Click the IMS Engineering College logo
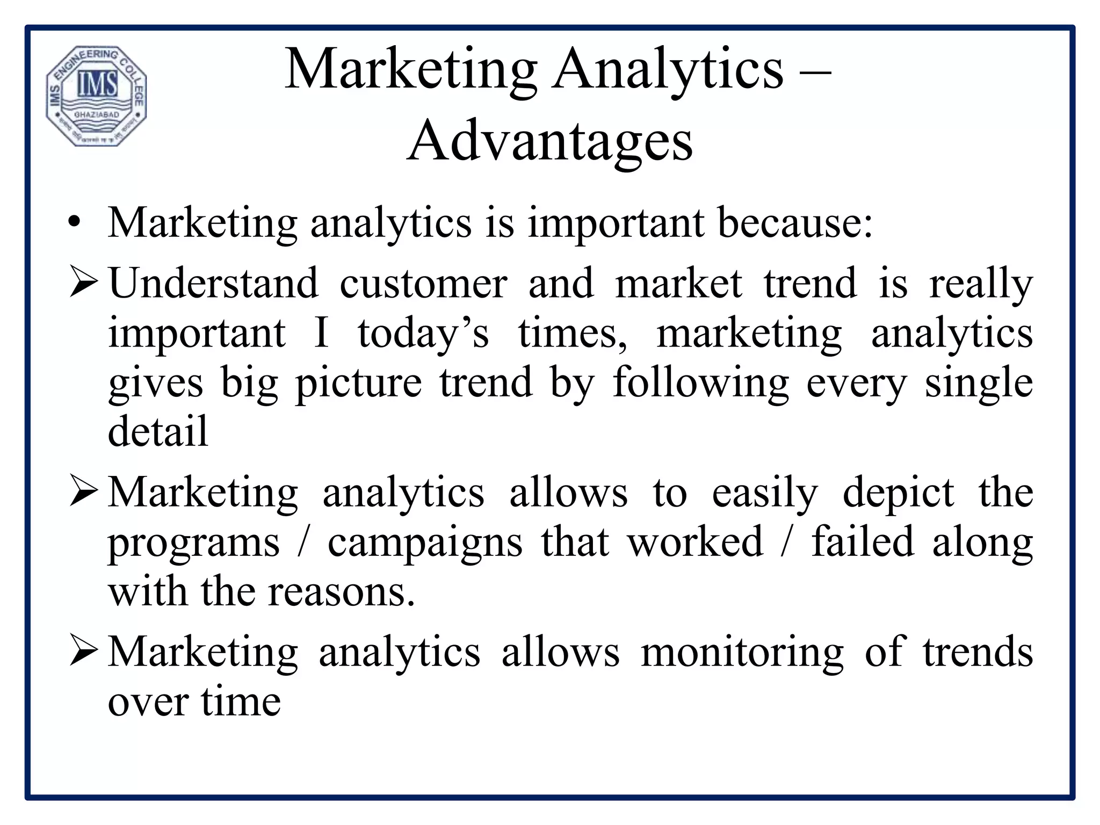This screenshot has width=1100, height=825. (x=96, y=96)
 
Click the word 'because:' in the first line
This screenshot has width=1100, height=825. (x=795, y=223)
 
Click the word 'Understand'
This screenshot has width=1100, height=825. (x=213, y=284)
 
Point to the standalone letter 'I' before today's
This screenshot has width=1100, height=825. (x=321, y=333)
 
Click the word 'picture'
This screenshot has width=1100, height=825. (x=359, y=383)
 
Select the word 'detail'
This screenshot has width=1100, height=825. (x=157, y=431)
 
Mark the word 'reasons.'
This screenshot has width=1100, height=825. (x=341, y=592)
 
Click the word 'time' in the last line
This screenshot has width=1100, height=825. (x=241, y=701)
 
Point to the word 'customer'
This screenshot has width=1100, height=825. (x=423, y=284)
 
